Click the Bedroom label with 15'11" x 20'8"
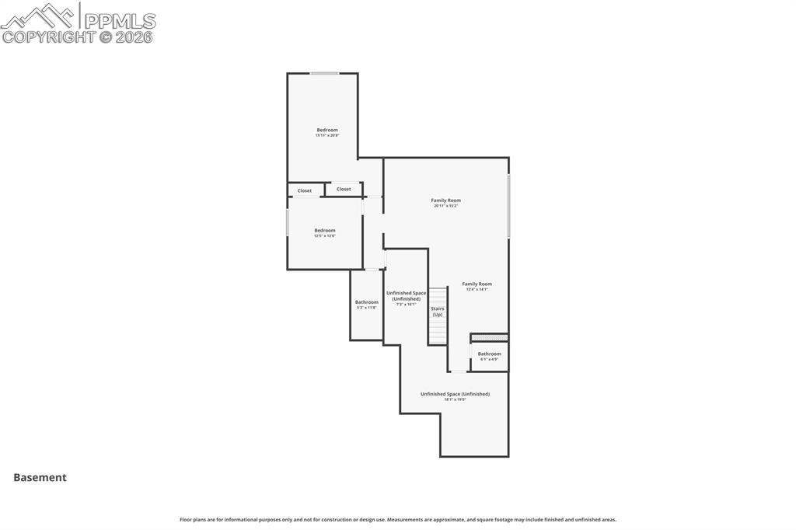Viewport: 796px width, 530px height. click(326, 132)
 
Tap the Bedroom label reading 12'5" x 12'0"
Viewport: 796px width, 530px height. click(325, 232)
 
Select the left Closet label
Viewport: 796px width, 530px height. click(305, 190)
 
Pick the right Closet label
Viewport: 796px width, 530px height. click(344, 189)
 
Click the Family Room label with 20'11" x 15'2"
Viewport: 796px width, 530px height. click(446, 203)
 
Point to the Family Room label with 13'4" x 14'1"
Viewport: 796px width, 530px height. click(477, 286)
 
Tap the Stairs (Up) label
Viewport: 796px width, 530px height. click(438, 312)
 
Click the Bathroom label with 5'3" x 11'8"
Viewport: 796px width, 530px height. click(367, 305)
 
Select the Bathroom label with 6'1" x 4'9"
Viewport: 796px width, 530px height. click(489, 356)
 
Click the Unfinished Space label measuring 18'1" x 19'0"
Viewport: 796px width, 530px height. click(455, 396)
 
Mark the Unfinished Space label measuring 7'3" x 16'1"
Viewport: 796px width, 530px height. click(407, 298)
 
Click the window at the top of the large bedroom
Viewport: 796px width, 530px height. click(325, 74)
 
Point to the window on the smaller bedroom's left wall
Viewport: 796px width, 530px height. click(288, 222)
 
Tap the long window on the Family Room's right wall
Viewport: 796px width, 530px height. click(508, 206)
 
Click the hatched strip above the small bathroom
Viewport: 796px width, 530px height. click(490, 338)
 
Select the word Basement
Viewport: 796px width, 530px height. click(40, 478)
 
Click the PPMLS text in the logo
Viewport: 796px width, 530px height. click(119, 20)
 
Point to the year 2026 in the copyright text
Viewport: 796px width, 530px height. click(134, 37)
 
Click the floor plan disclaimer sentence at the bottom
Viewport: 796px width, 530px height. click(398, 519)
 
